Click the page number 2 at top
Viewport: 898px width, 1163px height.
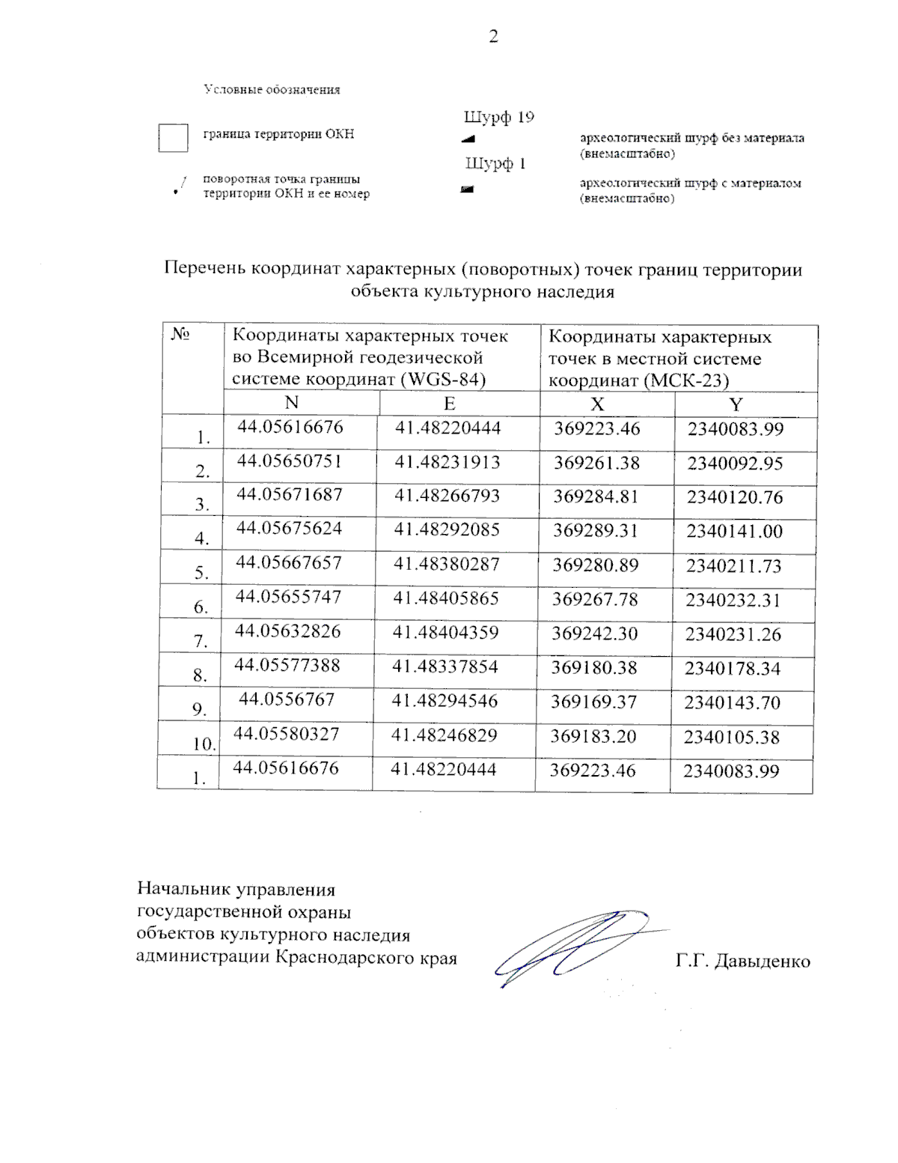click(x=493, y=37)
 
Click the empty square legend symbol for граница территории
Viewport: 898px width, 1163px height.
click(x=173, y=139)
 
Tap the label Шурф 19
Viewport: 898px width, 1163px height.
click(x=499, y=118)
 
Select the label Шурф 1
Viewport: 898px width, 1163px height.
click(x=495, y=164)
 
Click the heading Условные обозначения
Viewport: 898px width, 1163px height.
click(x=272, y=90)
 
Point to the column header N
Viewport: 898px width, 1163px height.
click(x=292, y=403)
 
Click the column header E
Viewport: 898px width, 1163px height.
click(x=449, y=404)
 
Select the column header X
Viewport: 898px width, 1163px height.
click(x=597, y=404)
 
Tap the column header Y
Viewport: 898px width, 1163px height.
click(x=736, y=405)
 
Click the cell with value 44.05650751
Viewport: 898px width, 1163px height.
click(x=290, y=461)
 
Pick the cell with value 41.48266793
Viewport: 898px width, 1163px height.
click(x=447, y=496)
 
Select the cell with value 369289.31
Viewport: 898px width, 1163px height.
click(x=595, y=531)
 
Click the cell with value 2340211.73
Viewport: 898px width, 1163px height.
click(x=733, y=566)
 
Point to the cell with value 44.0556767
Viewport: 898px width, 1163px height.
click(x=287, y=699)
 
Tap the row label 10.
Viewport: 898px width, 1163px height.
click(x=204, y=744)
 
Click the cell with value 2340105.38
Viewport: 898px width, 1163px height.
click(x=731, y=738)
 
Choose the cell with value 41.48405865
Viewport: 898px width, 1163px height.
click(x=446, y=598)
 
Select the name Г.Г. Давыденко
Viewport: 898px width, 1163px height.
click(x=742, y=961)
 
